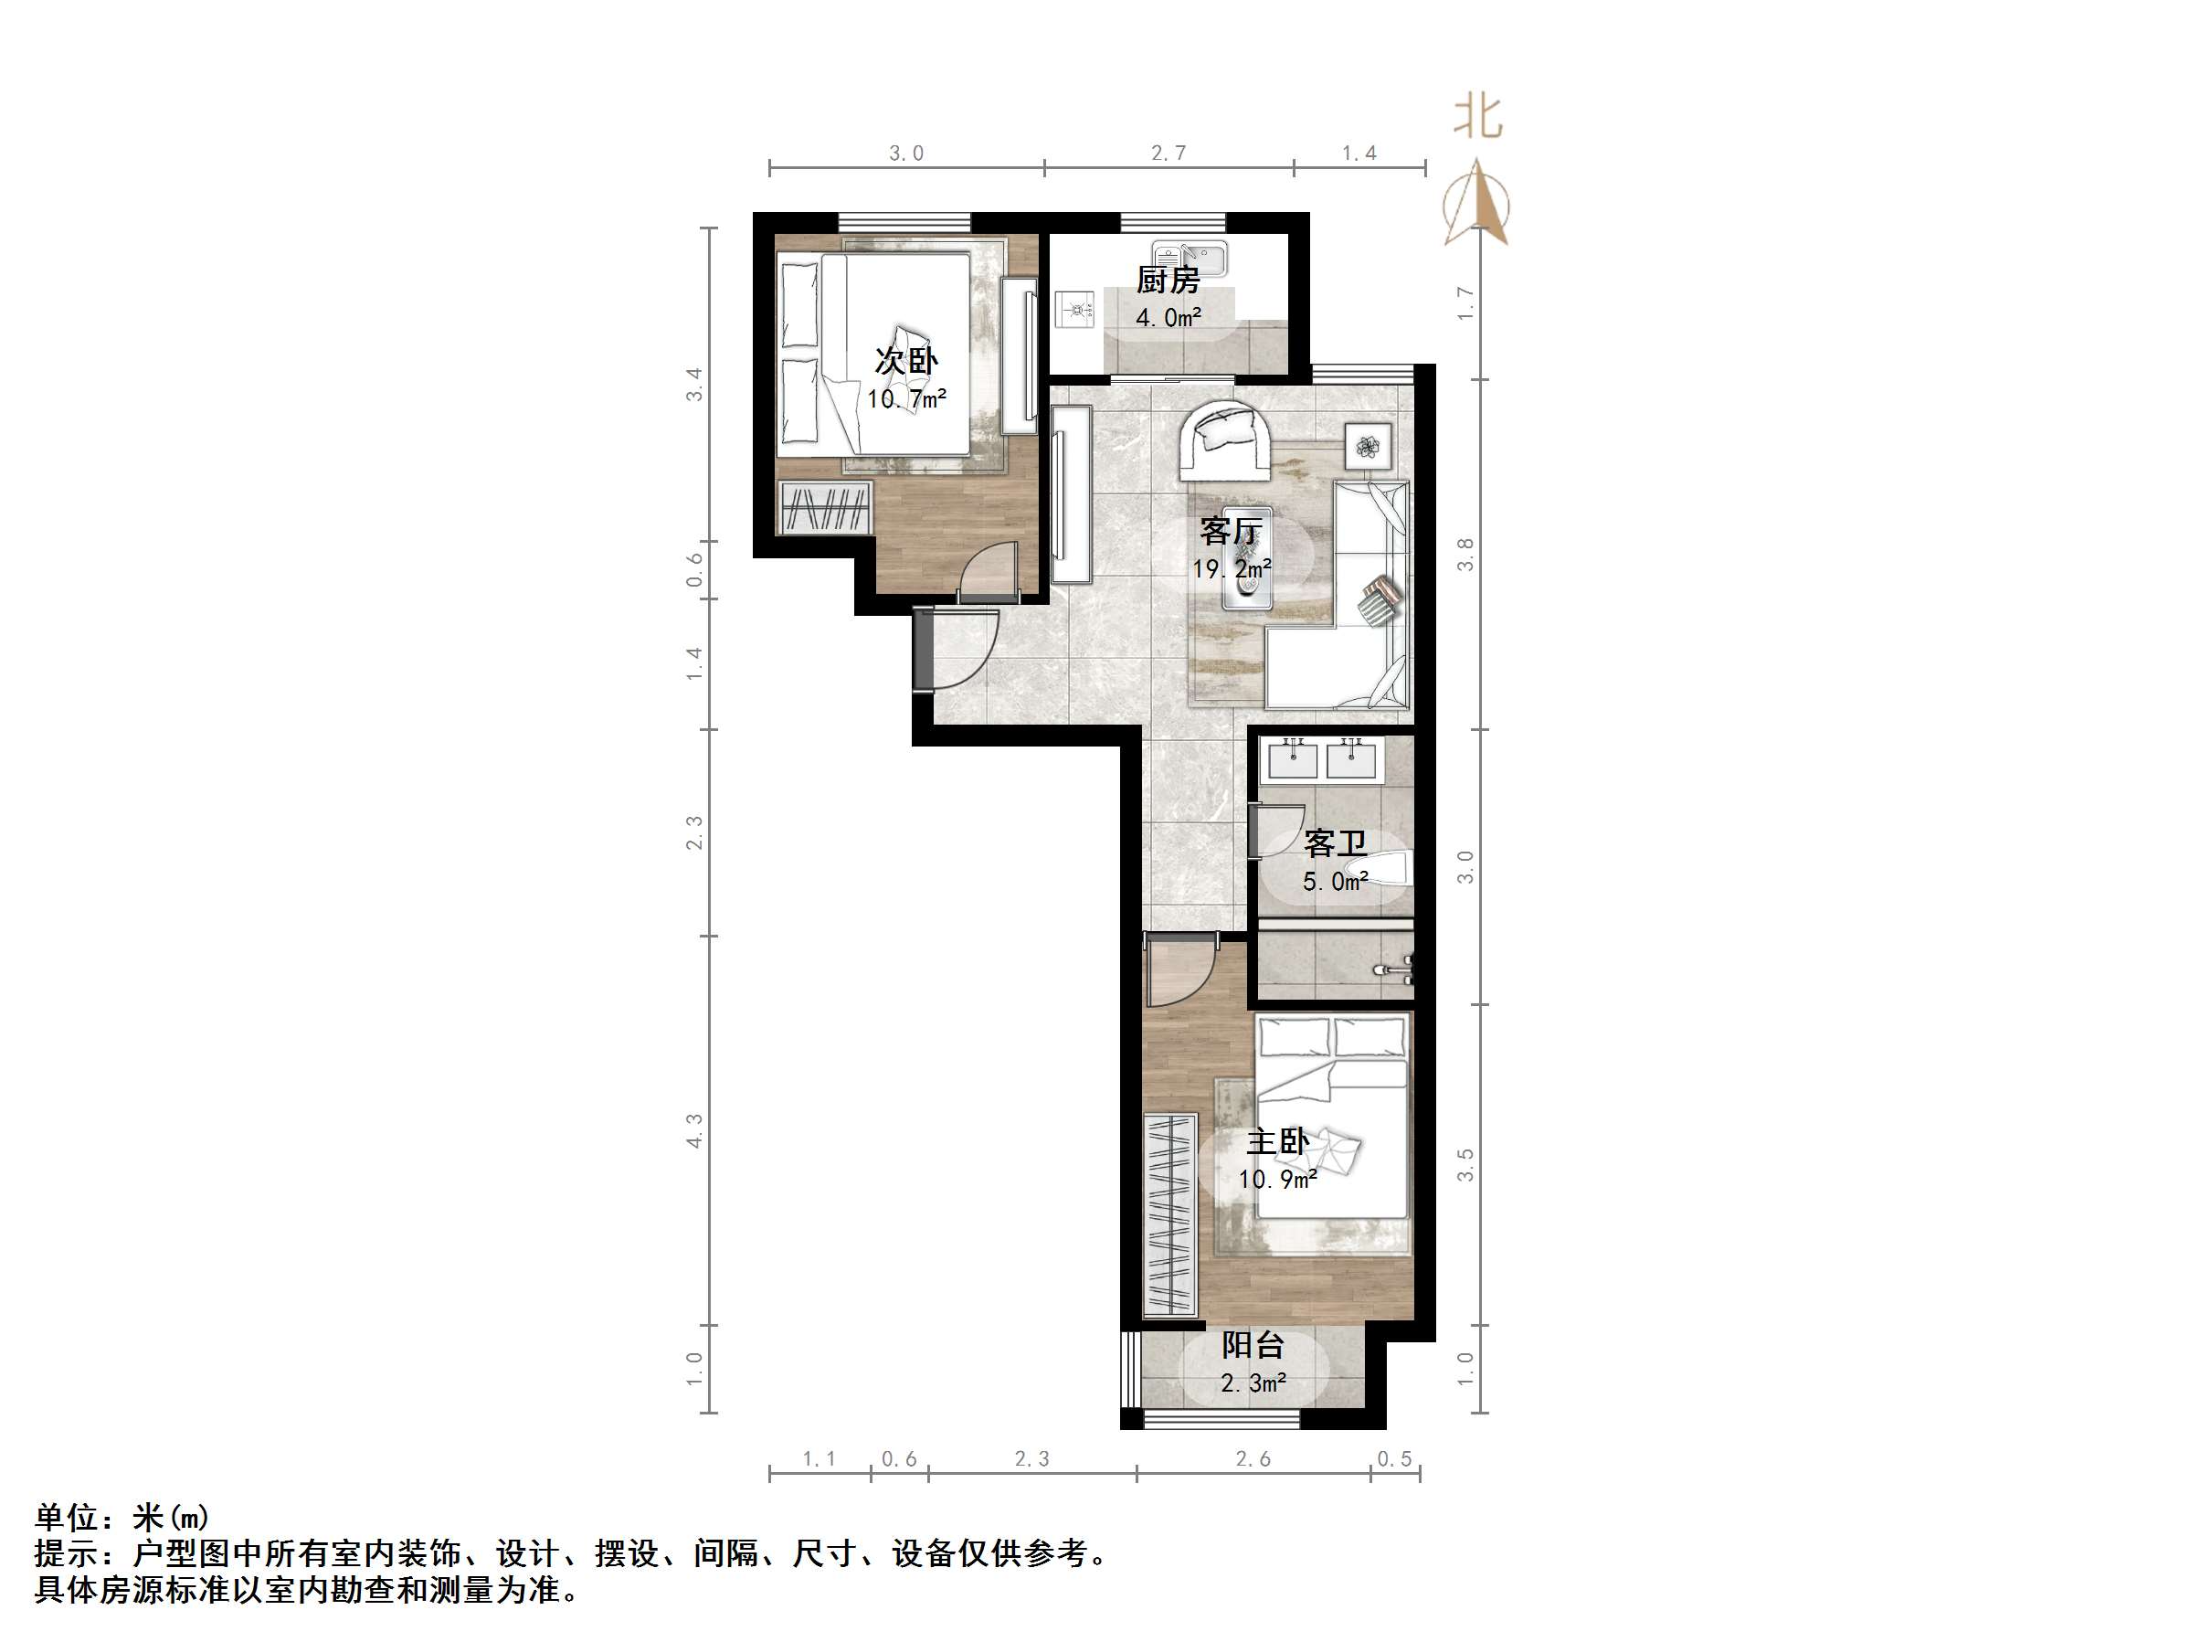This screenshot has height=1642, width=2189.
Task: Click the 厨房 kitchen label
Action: tap(1168, 281)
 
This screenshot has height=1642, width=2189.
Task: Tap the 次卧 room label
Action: tap(905, 361)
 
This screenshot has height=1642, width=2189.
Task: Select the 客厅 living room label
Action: tap(1230, 532)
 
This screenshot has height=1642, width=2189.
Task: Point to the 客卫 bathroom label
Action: tap(1335, 844)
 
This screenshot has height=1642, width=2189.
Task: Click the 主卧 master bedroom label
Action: tap(1277, 1142)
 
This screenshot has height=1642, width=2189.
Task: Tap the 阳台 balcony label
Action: tap(1253, 1346)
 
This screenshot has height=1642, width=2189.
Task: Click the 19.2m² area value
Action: tap(1231, 570)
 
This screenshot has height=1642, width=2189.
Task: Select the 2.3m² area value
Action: tap(1253, 1383)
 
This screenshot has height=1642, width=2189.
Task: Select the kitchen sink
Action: tap(1190, 260)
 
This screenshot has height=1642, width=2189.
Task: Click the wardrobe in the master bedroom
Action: tap(1169, 1214)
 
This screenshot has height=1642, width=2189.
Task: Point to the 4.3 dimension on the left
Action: tap(694, 1130)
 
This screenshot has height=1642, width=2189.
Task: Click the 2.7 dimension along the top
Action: tap(1168, 154)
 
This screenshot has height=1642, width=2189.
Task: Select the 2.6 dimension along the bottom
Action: tap(1253, 1459)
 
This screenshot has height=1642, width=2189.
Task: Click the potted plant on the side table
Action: tap(1368, 448)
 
